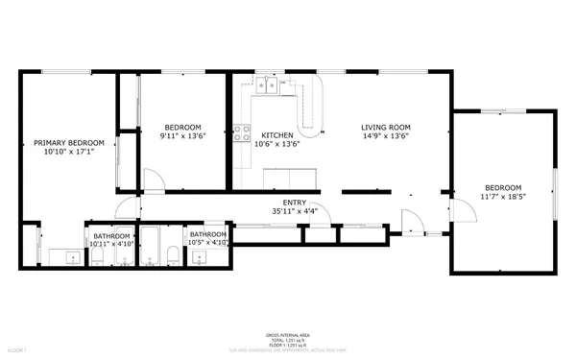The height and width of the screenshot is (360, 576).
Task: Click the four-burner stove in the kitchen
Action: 243,135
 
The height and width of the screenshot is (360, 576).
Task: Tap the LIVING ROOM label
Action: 385,127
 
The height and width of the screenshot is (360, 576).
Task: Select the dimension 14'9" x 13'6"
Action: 385,136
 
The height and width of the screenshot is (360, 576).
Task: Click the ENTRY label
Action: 294,202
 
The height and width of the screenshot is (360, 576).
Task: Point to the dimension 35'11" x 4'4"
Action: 294,211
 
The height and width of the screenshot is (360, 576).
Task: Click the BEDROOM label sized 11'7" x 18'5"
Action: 503,187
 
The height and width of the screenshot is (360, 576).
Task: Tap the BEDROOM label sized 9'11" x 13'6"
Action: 181,127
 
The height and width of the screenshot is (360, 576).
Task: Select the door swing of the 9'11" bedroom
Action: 152,180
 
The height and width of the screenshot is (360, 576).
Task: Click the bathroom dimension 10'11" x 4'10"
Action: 112,244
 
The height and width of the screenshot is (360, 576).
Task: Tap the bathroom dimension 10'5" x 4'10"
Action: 208,243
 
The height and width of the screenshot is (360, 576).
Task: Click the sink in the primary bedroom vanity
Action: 71,257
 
